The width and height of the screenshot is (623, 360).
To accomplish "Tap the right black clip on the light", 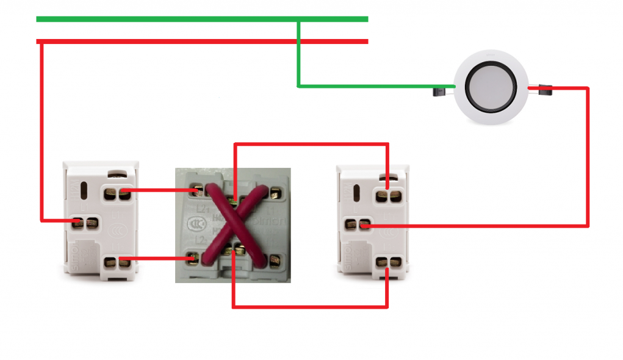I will pyautogui.click(x=544, y=90).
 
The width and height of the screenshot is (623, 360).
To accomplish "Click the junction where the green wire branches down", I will pyautogui.click(x=298, y=21).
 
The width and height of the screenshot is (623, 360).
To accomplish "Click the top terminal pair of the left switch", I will pyautogui.click(x=117, y=194).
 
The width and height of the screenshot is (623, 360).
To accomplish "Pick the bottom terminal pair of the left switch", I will pyautogui.click(x=117, y=263).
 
